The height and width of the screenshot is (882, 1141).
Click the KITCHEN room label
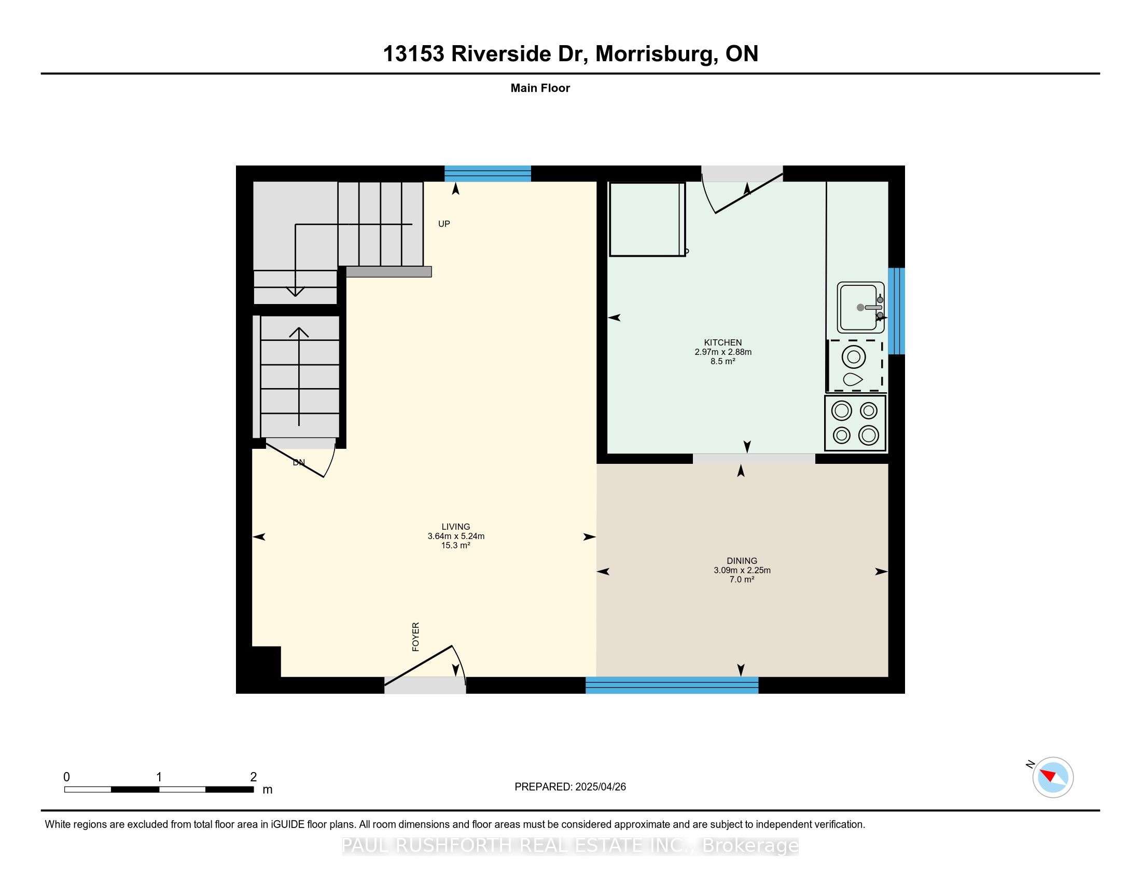[x=723, y=343]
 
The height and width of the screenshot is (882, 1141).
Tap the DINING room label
[x=742, y=561]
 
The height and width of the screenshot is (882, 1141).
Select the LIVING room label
[x=455, y=527]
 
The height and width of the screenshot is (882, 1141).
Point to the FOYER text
[x=416, y=637]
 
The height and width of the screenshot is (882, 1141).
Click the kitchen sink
[x=860, y=308]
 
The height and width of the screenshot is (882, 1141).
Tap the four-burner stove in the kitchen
[x=855, y=423]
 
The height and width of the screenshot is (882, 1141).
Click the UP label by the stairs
[x=444, y=224]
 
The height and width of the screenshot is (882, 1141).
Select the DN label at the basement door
[x=299, y=462]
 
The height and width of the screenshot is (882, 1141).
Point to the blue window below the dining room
[x=672, y=685]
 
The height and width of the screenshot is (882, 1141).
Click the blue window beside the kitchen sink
[x=897, y=311]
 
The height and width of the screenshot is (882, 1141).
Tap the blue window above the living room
[x=488, y=173]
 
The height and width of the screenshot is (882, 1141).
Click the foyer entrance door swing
[x=424, y=665]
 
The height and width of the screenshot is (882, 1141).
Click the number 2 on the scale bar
[x=254, y=777]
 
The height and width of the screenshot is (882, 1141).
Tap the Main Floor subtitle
[x=540, y=88]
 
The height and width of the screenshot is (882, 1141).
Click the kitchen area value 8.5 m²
[x=723, y=361]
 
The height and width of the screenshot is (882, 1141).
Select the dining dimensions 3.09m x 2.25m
[x=742, y=570]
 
